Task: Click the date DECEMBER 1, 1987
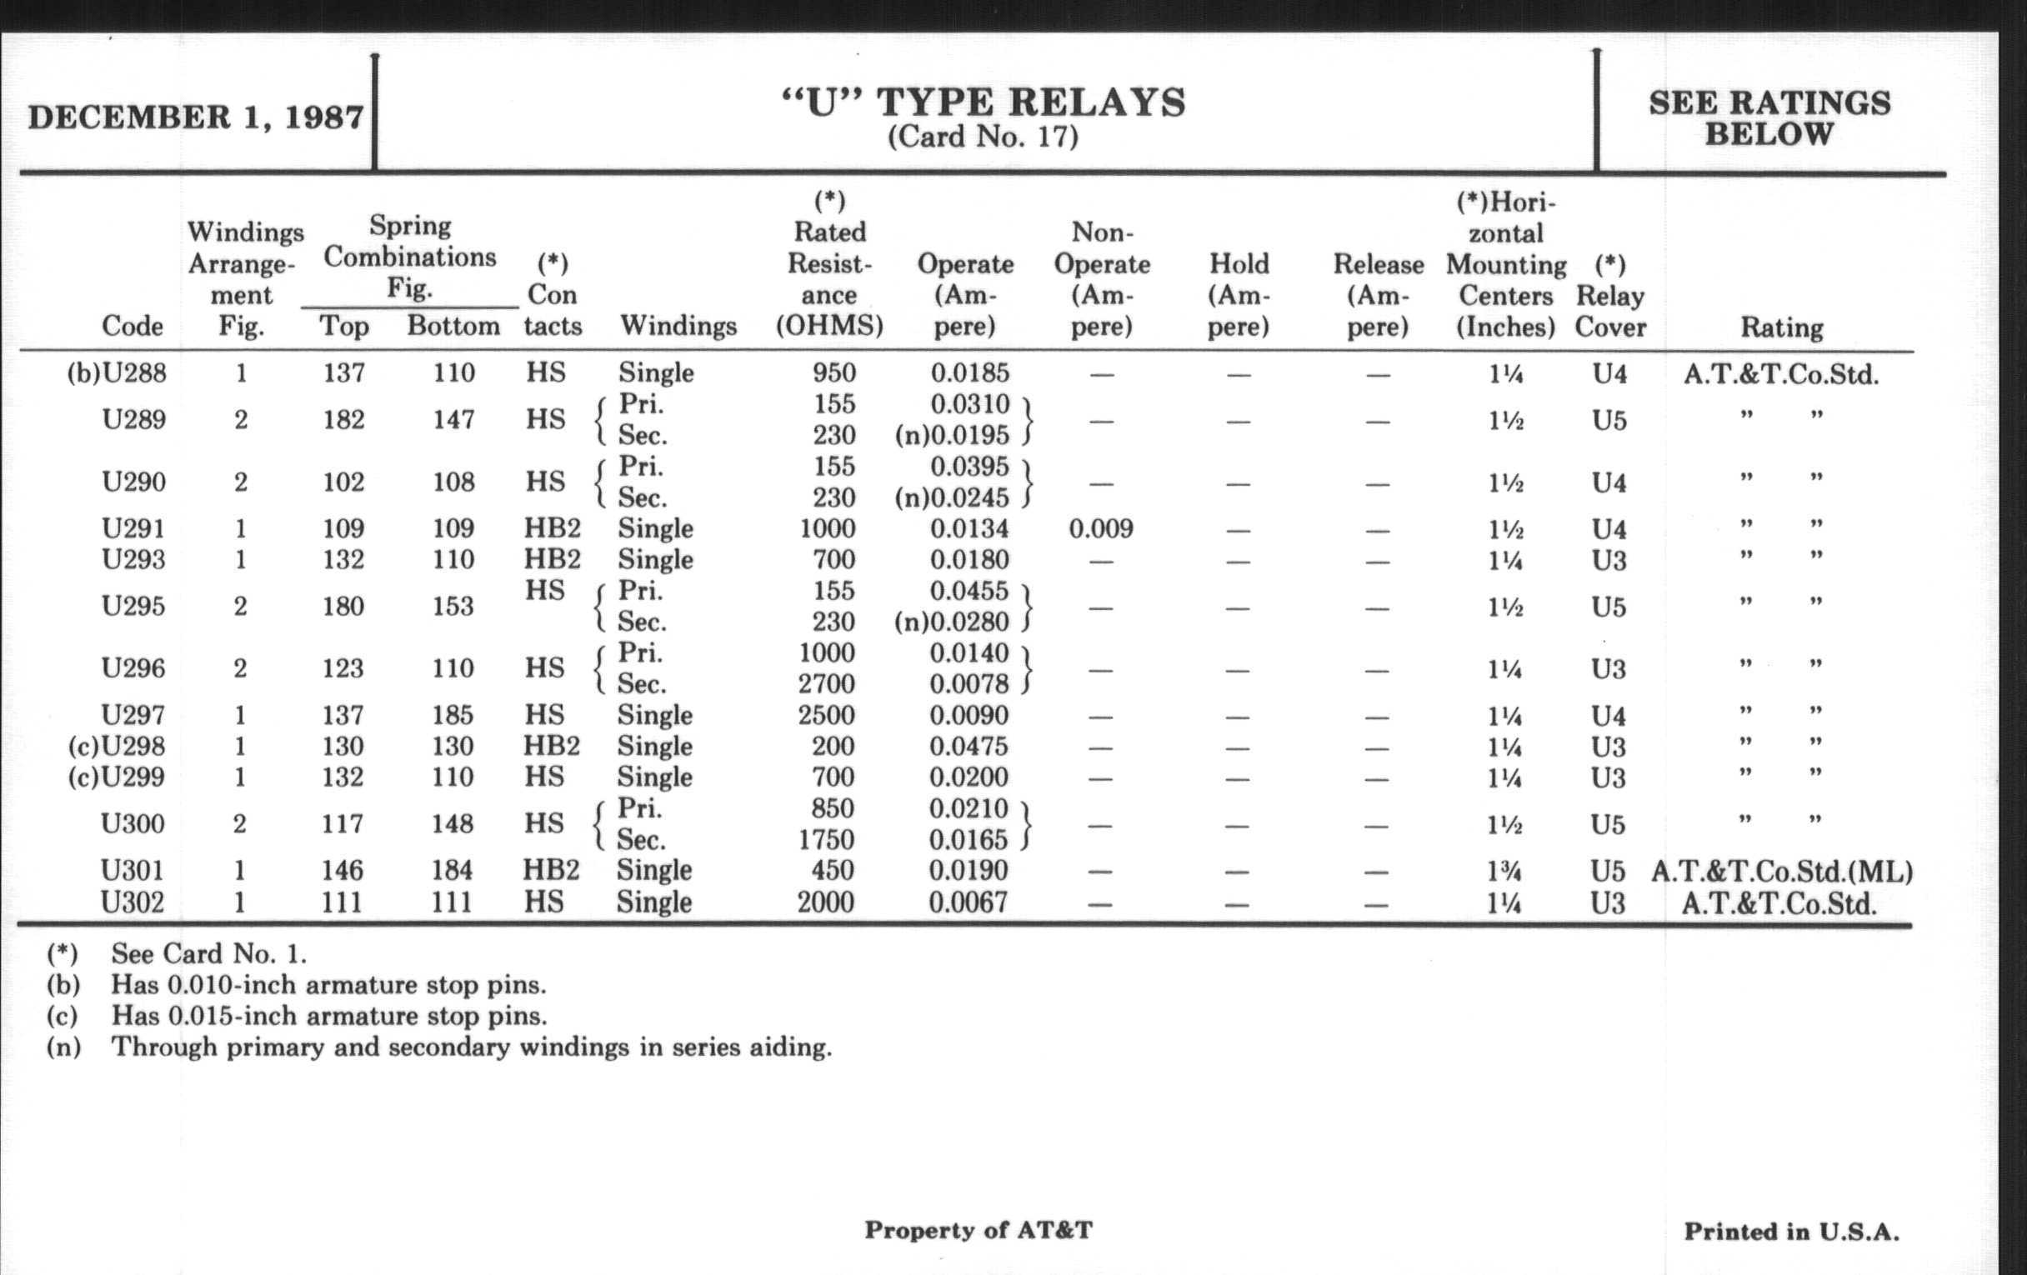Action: click(195, 117)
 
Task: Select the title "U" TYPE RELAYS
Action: click(983, 102)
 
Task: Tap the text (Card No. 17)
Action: click(983, 137)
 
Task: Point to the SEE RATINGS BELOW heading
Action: click(1769, 117)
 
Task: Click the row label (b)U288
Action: click(117, 372)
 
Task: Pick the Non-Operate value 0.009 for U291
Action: click(1101, 528)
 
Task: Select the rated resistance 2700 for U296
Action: click(827, 683)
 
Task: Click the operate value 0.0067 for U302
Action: click(968, 902)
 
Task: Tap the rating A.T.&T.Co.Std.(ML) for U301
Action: click(1781, 871)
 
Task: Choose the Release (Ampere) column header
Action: click(1378, 294)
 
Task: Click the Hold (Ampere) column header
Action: click(1239, 294)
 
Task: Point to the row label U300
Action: click(133, 823)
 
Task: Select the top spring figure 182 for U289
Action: click(343, 419)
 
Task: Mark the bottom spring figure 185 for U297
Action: click(453, 714)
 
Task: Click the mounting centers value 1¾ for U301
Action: click(1504, 871)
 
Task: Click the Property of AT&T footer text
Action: click(978, 1230)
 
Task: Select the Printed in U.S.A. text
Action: click(1791, 1232)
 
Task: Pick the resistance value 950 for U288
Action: click(833, 372)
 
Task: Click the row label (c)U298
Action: click(117, 746)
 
